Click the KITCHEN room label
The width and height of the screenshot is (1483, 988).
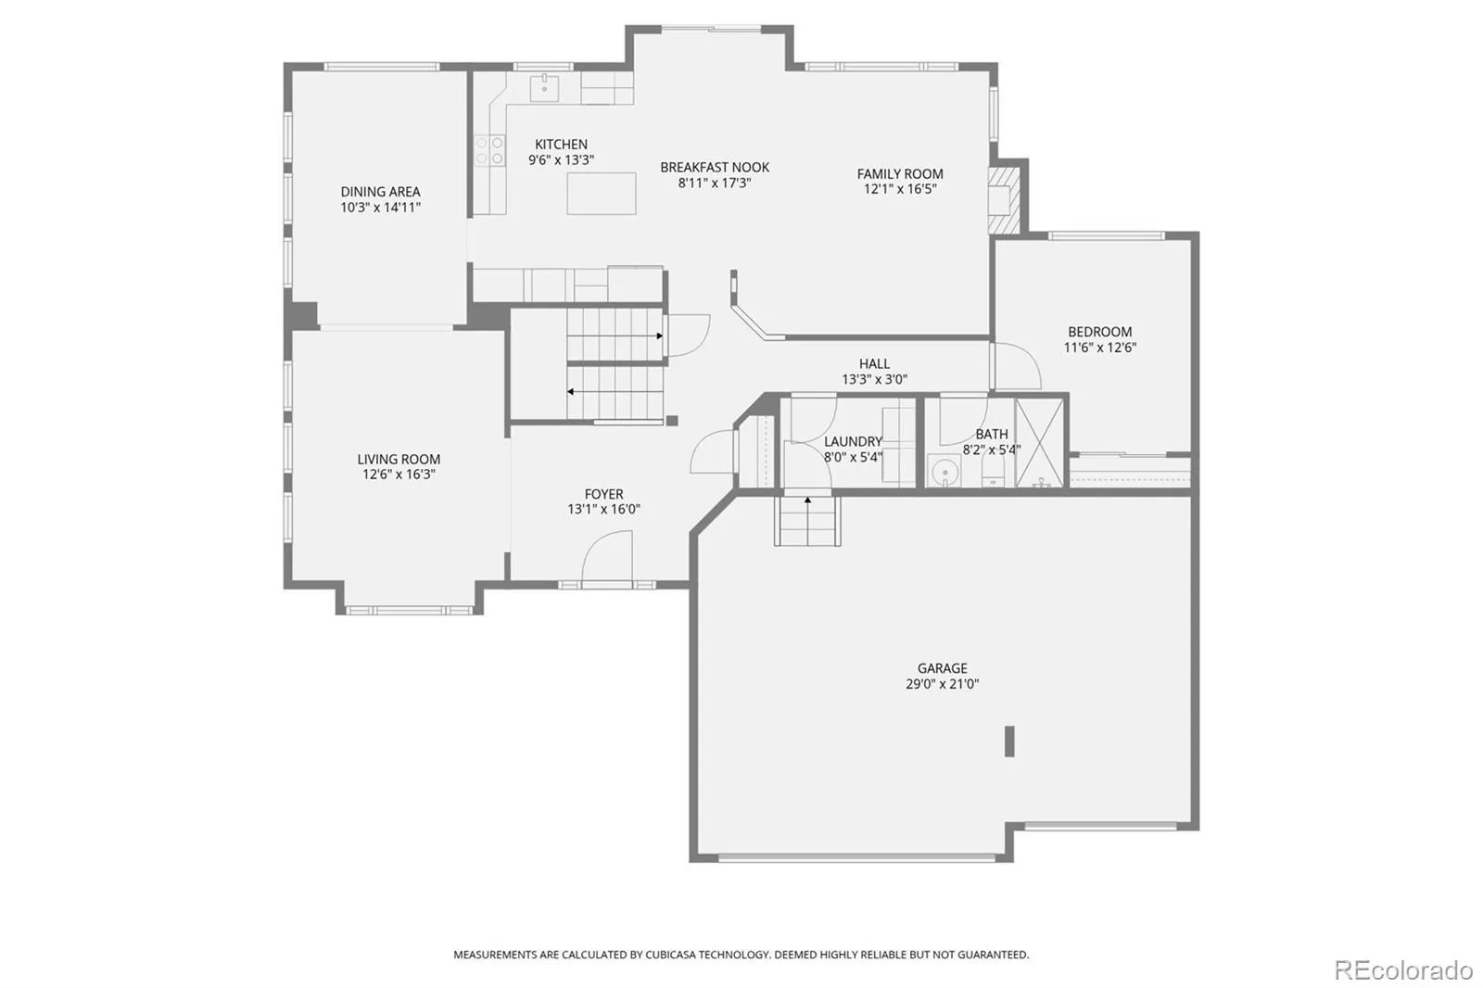point(561,145)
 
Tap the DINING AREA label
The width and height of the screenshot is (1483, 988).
point(380,192)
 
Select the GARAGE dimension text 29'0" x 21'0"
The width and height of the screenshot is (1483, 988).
point(942,684)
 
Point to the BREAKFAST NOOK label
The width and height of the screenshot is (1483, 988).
point(715,168)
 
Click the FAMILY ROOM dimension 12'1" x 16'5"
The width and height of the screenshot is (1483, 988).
point(900,189)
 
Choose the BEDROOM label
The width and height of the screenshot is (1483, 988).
point(1099,332)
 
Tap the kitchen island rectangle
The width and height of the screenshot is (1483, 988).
point(602,194)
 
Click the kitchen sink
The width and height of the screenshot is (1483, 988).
point(544,88)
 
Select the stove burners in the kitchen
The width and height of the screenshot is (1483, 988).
point(490,149)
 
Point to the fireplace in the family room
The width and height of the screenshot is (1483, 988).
point(1004,199)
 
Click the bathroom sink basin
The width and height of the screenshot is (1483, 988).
point(944,471)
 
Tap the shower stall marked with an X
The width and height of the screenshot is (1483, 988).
point(1039,443)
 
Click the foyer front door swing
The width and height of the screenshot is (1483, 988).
point(606,556)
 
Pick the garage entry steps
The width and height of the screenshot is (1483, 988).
point(807,521)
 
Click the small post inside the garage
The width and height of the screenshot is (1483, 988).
point(1009,741)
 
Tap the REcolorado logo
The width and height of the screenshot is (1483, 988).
point(1403,970)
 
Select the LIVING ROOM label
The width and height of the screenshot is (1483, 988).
point(399,460)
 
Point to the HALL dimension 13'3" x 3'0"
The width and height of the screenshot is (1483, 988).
point(875,379)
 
